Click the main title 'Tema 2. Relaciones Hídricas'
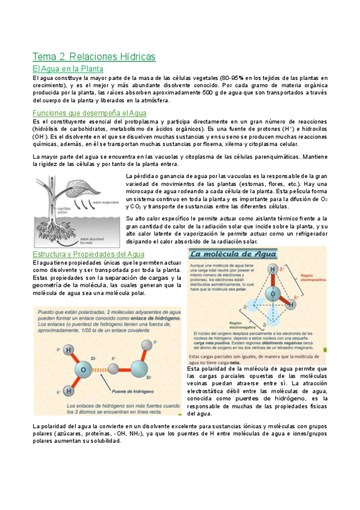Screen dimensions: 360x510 (94, 57)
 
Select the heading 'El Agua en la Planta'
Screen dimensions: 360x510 (68, 69)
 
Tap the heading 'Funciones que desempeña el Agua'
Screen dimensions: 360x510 (90, 112)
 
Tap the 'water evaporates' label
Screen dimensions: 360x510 (106, 203)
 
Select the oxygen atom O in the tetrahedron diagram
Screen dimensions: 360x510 (272, 295)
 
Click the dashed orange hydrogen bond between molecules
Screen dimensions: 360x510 (112, 366)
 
